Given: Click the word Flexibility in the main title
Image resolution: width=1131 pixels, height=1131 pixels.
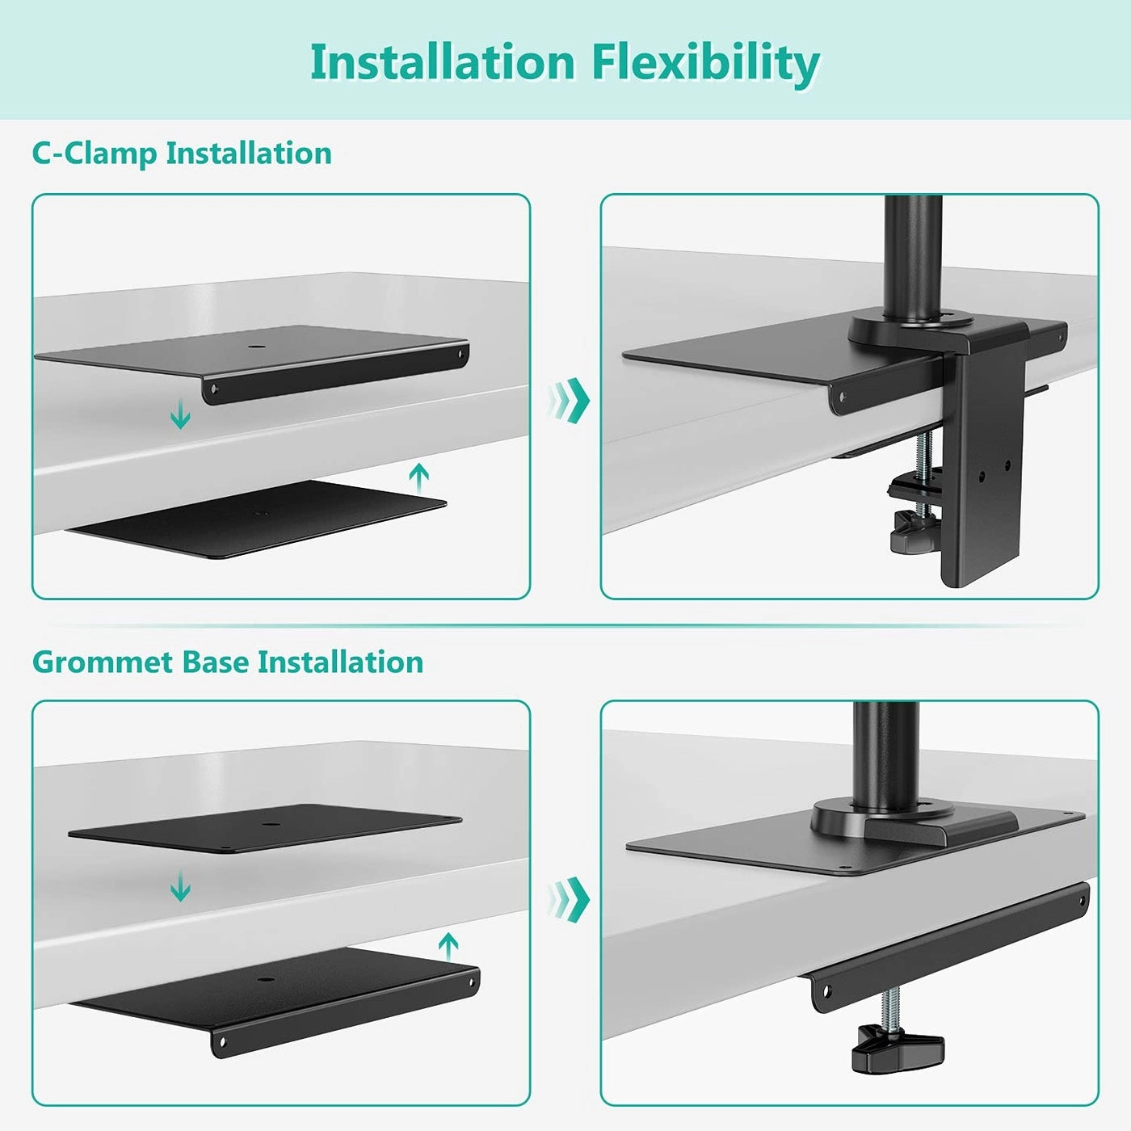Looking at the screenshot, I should [705, 62].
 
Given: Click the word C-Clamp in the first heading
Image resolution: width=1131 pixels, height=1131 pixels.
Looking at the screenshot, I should [97, 153].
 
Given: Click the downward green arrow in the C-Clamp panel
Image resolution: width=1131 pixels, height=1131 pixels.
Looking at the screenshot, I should [180, 416].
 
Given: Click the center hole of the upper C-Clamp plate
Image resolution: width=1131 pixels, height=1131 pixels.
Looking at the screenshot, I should [257, 347].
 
